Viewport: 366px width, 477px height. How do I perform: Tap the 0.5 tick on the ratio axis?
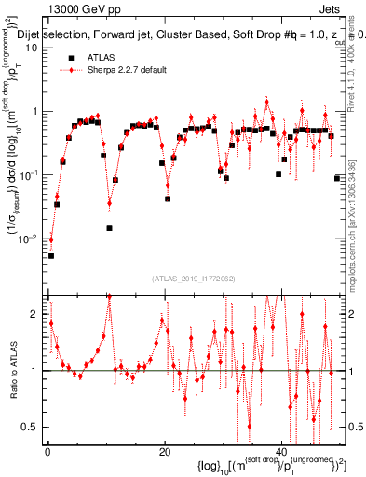click(x=34, y=427)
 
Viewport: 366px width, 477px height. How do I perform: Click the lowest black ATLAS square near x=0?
click(x=51, y=255)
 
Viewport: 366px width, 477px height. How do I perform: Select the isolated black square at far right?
click(x=337, y=177)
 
